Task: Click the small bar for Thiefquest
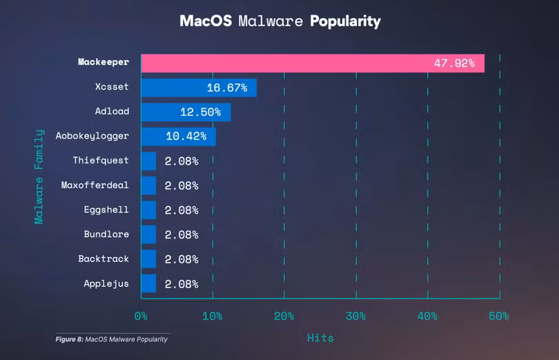point(148,161)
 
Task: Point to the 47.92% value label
point(454,63)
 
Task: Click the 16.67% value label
point(227,88)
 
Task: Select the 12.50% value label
point(200,112)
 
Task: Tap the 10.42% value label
point(186,137)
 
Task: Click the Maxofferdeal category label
point(95,186)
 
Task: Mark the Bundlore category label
point(106,234)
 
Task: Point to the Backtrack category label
point(103,259)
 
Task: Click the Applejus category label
point(106,283)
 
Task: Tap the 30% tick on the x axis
point(355,317)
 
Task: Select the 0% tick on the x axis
point(141,317)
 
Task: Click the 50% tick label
point(498,317)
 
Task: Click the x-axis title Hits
point(320,337)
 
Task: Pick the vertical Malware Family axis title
point(39,177)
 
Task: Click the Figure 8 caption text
point(111,339)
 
